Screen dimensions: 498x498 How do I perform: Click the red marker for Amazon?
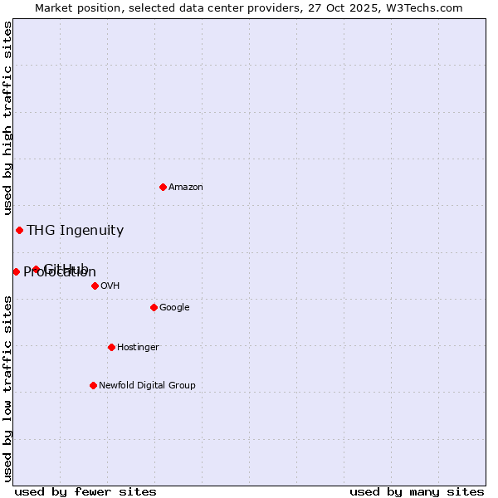click(x=163, y=187)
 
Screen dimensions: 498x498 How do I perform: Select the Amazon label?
click(x=186, y=188)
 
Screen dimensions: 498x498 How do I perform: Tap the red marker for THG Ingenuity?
click(x=19, y=230)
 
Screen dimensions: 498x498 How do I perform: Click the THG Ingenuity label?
click(x=75, y=231)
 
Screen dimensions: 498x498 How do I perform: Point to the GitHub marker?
click(x=36, y=269)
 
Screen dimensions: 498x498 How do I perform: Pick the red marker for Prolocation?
click(x=16, y=271)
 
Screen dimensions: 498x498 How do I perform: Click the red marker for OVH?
click(x=95, y=286)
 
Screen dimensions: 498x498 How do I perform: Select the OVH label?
click(x=110, y=286)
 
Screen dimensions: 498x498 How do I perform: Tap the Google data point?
click(x=154, y=307)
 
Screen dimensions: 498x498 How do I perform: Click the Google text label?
click(x=174, y=308)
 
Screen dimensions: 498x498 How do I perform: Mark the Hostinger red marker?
click(x=111, y=347)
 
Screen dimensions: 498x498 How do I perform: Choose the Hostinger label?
click(x=138, y=348)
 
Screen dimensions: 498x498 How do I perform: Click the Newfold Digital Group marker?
click(x=93, y=385)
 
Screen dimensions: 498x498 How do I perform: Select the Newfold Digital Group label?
click(x=147, y=386)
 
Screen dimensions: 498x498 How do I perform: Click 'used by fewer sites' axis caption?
click(x=85, y=491)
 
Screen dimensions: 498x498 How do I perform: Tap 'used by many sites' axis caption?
click(x=417, y=491)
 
